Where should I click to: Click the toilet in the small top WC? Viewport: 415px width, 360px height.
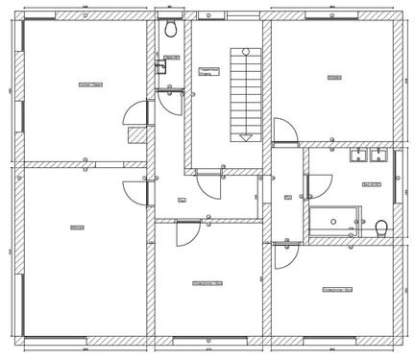point(170,30)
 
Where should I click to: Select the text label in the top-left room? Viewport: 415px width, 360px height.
point(90,85)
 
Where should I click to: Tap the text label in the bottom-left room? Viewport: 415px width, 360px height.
point(77,227)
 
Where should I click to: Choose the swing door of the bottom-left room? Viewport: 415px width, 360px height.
point(135,191)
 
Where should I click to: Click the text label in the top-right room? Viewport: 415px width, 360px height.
point(334,77)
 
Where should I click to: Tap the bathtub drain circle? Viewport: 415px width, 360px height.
point(332,221)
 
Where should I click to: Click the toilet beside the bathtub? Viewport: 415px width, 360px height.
point(381,228)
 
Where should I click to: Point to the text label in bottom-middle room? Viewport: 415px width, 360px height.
point(207,282)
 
